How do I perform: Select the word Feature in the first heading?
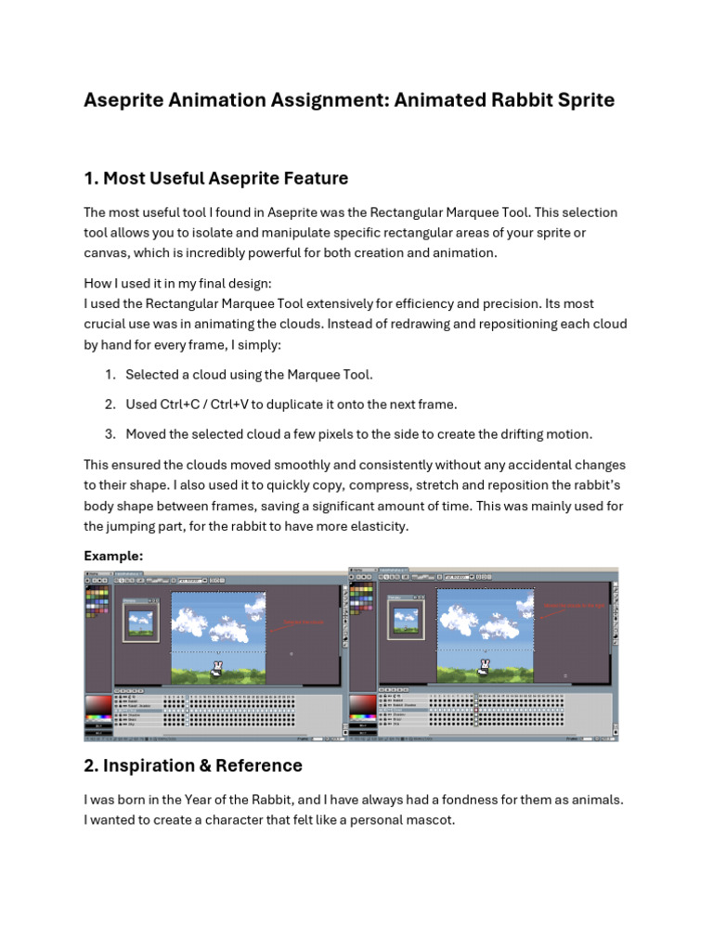coord(313,178)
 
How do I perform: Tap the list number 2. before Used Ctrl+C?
coord(110,404)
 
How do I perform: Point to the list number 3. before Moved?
coord(110,434)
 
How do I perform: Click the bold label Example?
coord(113,555)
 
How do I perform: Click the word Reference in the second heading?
coord(260,765)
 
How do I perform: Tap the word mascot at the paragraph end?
coord(429,820)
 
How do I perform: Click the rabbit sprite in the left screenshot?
coord(217,667)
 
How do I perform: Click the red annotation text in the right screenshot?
coord(573,605)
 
